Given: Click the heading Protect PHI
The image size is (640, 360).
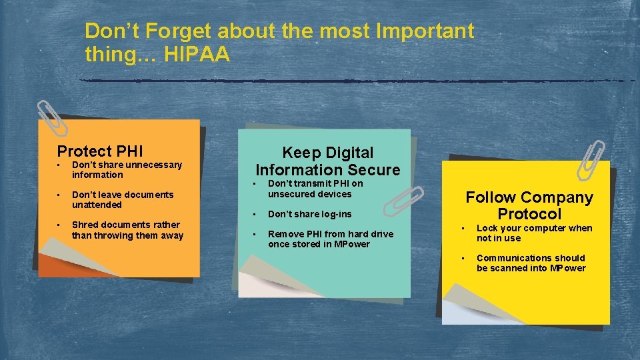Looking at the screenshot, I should [100, 151].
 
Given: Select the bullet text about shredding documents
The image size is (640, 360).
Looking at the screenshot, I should [127, 230].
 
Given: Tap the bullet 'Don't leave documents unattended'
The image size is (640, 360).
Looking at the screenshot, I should [122, 199].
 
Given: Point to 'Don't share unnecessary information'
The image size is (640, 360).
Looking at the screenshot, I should [126, 169].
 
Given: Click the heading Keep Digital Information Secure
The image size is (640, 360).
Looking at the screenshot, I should [328, 161].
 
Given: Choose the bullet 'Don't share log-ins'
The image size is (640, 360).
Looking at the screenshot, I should [309, 214].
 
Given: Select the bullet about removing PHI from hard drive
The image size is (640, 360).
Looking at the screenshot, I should [330, 239].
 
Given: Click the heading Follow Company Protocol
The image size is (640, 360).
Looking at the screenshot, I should [529, 205].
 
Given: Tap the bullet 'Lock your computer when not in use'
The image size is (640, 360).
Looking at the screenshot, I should [534, 233].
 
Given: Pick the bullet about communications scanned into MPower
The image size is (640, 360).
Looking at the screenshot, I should [531, 263].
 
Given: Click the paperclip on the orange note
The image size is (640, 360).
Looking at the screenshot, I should [52, 118].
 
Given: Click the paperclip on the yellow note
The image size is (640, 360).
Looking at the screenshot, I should [592, 160].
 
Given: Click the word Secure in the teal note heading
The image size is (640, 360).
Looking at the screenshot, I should [373, 170].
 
